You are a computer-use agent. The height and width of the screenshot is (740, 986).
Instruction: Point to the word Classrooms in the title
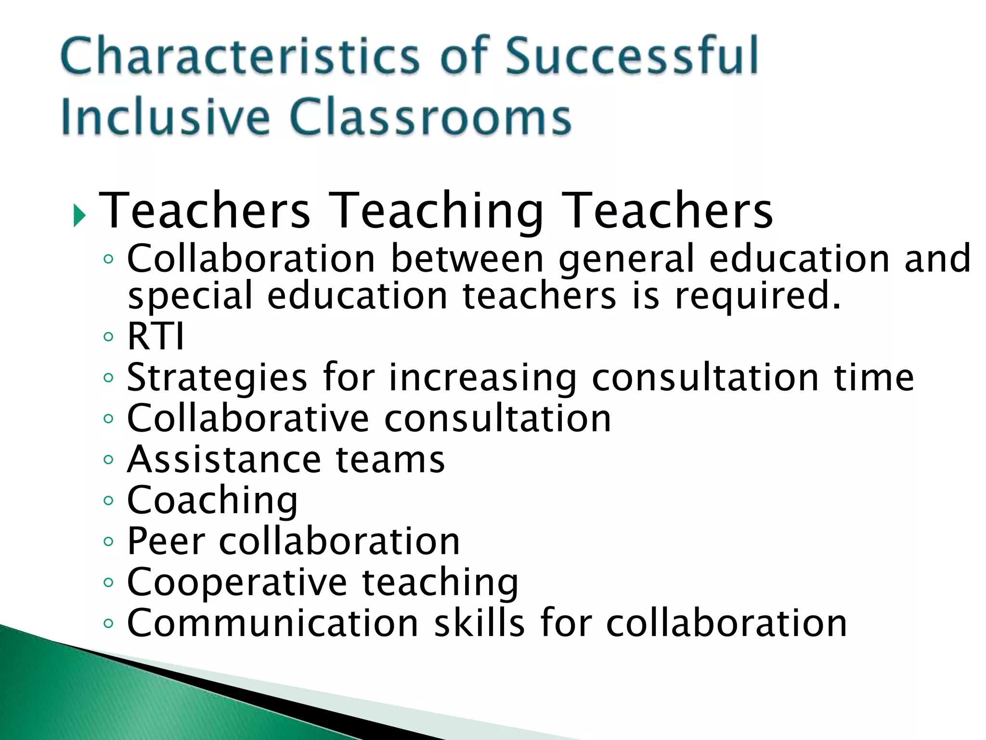tap(430, 117)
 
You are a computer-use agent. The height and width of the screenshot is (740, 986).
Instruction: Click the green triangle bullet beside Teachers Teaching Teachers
tap(79, 215)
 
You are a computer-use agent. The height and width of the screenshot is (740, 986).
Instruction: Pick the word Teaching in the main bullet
tap(438, 211)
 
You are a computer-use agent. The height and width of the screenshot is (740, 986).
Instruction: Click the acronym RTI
tap(156, 336)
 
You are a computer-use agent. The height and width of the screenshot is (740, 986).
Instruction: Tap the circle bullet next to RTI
tap(108, 336)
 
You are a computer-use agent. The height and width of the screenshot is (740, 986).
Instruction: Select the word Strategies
tap(217, 378)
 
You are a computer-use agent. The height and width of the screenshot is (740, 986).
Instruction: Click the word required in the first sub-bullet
tap(757, 296)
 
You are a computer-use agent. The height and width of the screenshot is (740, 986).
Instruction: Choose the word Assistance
tap(223, 460)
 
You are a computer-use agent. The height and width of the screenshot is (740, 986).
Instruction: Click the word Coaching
tap(212, 501)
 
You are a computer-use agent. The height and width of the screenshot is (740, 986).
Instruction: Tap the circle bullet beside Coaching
tap(108, 501)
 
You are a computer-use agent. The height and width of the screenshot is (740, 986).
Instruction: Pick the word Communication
tap(272, 623)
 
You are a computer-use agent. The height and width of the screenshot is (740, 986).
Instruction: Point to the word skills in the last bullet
tap(480, 623)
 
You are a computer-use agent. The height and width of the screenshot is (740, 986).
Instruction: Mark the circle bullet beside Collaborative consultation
tap(108, 418)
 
